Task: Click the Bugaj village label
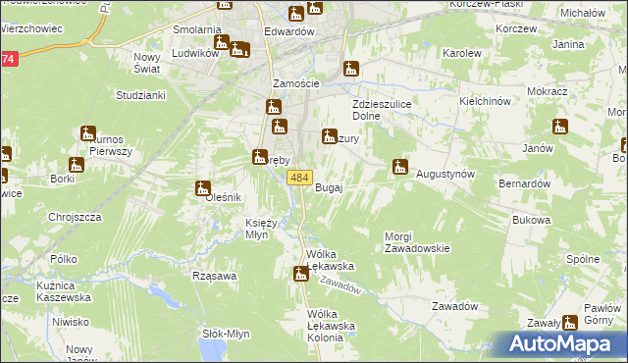pyautogui.click(x=328, y=188)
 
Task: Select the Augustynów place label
pyautogui.click(x=445, y=174)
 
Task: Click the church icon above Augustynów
pyautogui.click(x=399, y=167)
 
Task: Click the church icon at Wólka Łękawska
pyautogui.click(x=301, y=274)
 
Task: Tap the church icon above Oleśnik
pyautogui.click(x=203, y=188)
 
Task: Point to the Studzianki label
pyautogui.click(x=140, y=95)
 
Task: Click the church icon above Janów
pyautogui.click(x=560, y=127)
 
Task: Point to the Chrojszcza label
pyautogui.click(x=75, y=217)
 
